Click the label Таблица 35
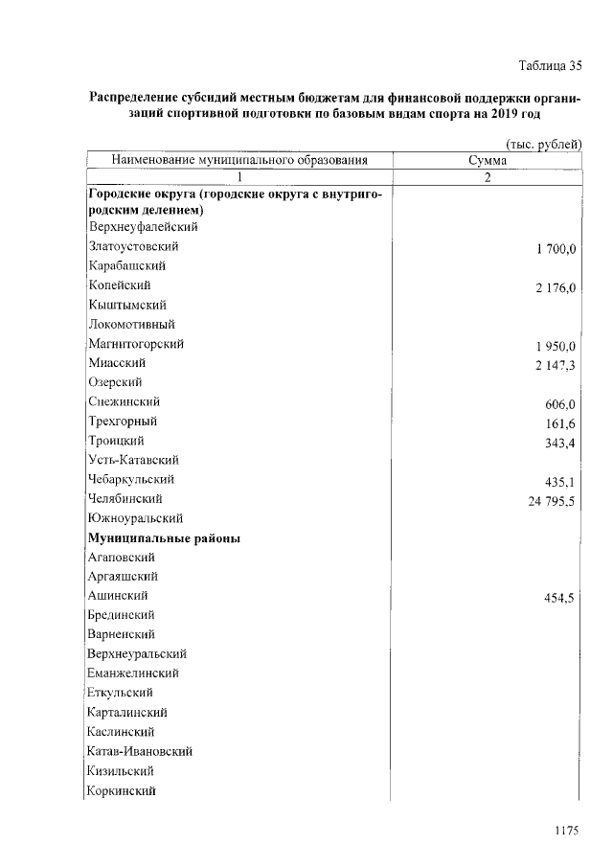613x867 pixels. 549,66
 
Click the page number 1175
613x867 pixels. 568,832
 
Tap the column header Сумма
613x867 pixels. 488,160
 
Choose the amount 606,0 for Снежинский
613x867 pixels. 559,404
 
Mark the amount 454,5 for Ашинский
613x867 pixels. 559,598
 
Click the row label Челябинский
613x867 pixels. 125,499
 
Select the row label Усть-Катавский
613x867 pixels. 132,460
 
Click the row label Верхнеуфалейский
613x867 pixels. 142,227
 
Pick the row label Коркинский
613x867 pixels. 121,790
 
